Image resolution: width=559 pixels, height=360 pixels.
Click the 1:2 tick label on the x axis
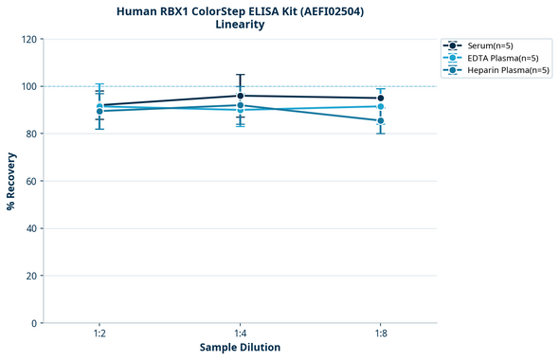pyautogui.click(x=99, y=333)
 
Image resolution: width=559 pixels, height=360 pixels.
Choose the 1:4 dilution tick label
pyautogui.click(x=240, y=333)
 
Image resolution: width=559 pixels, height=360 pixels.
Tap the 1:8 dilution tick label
pyautogui.click(x=380, y=333)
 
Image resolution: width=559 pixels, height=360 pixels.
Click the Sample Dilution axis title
pyautogui.click(x=240, y=348)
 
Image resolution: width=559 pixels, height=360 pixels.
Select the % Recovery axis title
pyautogui.click(x=11, y=180)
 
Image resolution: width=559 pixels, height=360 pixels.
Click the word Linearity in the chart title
pyautogui.click(x=240, y=25)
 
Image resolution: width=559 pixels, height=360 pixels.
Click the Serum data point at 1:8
pyautogui.click(x=380, y=99)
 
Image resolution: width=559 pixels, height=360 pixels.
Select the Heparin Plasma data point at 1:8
pyautogui.click(x=380, y=120)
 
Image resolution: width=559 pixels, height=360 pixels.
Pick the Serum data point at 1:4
pyautogui.click(x=240, y=96)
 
